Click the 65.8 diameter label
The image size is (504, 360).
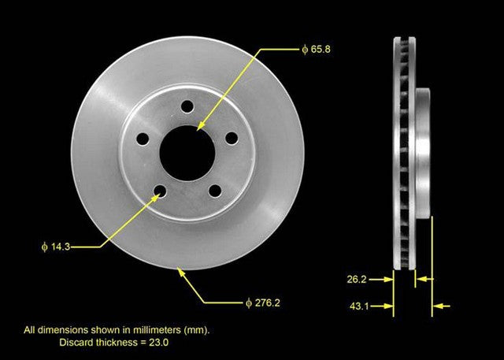point(316,48)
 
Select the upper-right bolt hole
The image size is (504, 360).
point(232,137)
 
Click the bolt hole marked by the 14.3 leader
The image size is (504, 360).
point(161,190)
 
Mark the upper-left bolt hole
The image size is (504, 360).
point(143,139)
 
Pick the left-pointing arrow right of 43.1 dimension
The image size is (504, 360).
point(443,306)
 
